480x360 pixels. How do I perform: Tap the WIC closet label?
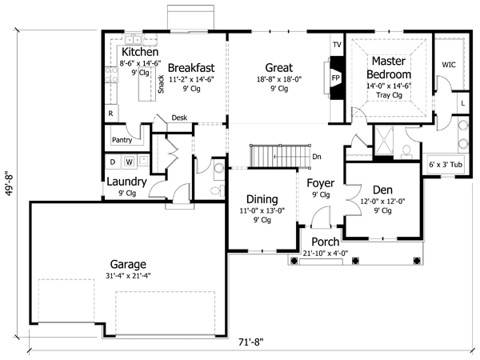449,63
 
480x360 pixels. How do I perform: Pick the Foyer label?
322,182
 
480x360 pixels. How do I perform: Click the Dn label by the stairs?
317,157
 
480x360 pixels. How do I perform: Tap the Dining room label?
262,199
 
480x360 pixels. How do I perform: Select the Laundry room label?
126,182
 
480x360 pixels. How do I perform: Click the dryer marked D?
112,162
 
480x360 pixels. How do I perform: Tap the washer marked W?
130,162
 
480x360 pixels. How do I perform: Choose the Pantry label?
122,140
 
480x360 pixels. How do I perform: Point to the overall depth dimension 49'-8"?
9,181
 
